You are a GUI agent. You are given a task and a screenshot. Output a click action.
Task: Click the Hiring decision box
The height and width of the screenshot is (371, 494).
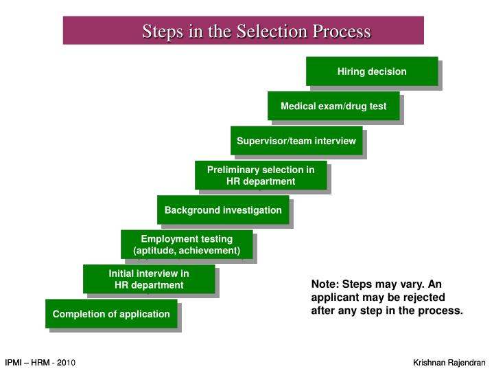click(x=372, y=71)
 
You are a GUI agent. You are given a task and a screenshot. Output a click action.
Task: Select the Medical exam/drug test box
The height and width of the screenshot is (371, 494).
click(x=333, y=106)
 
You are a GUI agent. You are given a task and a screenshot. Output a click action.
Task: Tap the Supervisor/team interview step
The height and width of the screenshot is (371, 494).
click(x=296, y=141)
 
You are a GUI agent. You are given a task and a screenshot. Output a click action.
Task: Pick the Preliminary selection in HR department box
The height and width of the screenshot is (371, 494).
click(x=261, y=175)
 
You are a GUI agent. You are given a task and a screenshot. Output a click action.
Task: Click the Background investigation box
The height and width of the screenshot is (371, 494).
click(x=223, y=210)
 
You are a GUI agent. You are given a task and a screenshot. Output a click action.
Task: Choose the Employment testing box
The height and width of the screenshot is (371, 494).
click(x=187, y=245)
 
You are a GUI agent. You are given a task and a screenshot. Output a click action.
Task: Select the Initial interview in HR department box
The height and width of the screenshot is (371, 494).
click(x=149, y=279)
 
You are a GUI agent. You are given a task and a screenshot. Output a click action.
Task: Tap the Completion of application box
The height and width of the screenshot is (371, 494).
click(x=111, y=314)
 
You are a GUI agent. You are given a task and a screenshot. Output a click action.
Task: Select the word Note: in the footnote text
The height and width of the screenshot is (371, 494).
click(x=325, y=284)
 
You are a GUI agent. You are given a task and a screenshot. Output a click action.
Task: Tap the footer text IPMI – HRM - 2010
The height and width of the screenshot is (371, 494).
click(x=40, y=362)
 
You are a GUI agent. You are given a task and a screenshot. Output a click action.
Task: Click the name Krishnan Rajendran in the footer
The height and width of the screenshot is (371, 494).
click(x=449, y=362)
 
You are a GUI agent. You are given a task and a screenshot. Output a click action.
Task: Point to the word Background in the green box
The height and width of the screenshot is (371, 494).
click(x=190, y=210)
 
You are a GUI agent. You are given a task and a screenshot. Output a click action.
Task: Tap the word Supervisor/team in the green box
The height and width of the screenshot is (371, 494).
click(x=270, y=141)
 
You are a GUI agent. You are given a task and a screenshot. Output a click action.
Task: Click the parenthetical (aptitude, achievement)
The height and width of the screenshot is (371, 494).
click(x=187, y=251)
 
